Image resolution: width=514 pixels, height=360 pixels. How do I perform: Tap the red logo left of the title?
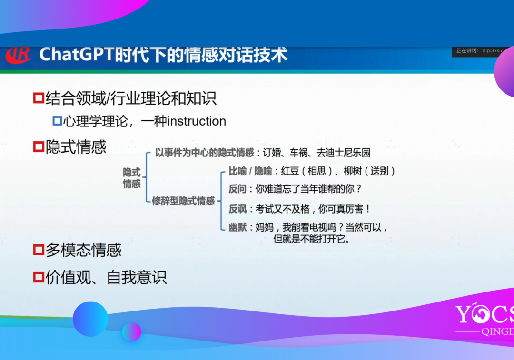(x=18, y=55)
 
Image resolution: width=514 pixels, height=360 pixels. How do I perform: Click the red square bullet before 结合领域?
(x=39, y=98)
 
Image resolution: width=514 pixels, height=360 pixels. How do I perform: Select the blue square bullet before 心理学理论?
(x=58, y=121)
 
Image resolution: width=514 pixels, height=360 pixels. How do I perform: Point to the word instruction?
(x=197, y=121)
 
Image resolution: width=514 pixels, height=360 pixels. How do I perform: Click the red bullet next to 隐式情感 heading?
(x=39, y=146)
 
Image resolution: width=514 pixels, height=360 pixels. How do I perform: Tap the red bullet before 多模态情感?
(x=39, y=250)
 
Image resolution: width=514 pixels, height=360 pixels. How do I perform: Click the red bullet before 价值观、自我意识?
(x=39, y=277)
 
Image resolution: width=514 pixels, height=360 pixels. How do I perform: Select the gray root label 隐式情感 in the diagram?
(x=132, y=178)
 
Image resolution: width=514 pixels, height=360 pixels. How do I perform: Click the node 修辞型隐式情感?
(x=183, y=201)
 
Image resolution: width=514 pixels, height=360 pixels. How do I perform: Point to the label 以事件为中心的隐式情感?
(x=205, y=152)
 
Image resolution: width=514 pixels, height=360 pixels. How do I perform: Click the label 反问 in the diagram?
(x=237, y=189)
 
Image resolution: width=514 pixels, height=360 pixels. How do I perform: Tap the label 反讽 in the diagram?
(x=237, y=209)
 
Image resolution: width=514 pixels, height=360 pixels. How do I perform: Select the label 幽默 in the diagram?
(x=237, y=227)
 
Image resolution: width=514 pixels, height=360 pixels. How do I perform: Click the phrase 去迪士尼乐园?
(x=344, y=152)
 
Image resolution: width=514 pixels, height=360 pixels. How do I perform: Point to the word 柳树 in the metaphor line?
(x=352, y=171)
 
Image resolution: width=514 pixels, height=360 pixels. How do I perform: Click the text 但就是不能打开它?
(x=311, y=239)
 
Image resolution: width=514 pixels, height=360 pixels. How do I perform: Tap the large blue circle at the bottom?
(x=90, y=319)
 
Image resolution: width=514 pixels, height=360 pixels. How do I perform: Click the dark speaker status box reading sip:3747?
(x=478, y=51)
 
